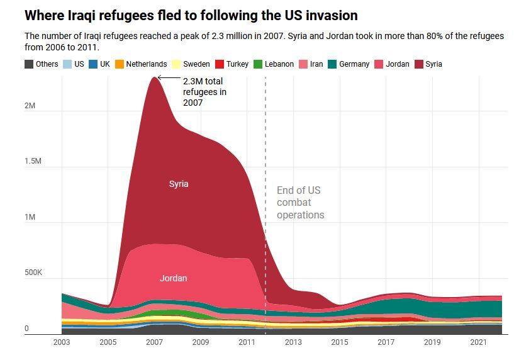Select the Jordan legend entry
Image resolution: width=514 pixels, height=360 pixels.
(391, 64)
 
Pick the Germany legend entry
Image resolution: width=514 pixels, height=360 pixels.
(349, 64)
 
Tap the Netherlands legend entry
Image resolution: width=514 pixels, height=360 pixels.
(141, 64)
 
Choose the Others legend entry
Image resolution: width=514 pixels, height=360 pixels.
(42, 64)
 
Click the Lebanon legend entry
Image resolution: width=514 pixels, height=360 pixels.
(273, 64)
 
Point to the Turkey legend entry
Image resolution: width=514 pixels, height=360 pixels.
(232, 64)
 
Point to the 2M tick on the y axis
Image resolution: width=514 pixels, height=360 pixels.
(30, 106)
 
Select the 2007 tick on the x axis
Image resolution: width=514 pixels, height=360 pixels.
(155, 342)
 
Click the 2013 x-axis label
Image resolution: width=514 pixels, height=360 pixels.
(294, 342)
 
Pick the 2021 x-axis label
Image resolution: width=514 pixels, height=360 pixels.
(479, 342)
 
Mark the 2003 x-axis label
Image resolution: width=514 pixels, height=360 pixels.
(62, 342)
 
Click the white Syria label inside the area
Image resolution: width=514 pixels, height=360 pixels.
(179, 184)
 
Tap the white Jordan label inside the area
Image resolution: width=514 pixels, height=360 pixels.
(173, 278)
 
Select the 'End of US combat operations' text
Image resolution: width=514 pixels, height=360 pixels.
(300, 203)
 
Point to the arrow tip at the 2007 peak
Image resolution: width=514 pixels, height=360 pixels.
(159, 77)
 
